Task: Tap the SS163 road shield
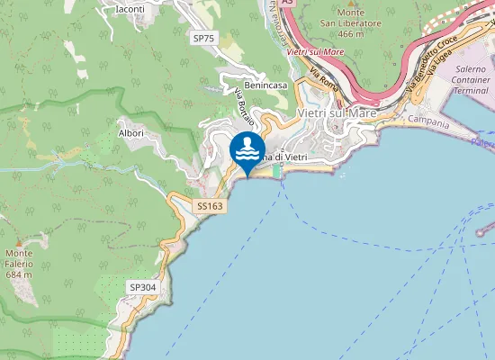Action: pyautogui.click(x=210, y=207)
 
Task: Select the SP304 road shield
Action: pyautogui.click(x=142, y=287)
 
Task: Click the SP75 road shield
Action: pyautogui.click(x=203, y=38)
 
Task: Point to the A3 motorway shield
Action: pyautogui.click(x=287, y=4)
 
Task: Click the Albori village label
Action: pyautogui.click(x=131, y=132)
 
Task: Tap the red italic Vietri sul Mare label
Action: pyautogui.click(x=315, y=51)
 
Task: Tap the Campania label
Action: pyautogui.click(x=428, y=119)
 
